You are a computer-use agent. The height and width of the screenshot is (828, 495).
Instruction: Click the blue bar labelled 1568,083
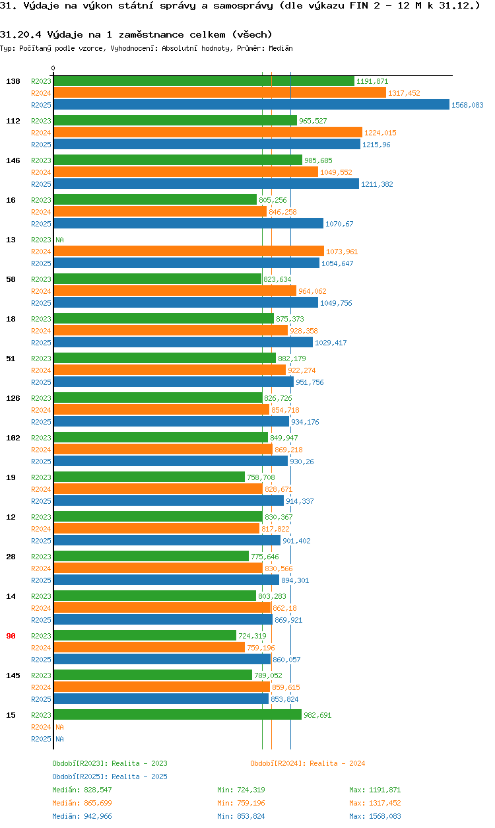click(251, 105)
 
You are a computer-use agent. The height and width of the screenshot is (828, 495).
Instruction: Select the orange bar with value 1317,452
click(219, 93)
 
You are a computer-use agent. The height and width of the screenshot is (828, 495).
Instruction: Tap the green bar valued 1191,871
click(203, 81)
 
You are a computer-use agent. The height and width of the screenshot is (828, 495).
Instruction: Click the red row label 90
click(11, 636)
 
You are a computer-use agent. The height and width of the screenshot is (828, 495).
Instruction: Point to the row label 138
click(13, 81)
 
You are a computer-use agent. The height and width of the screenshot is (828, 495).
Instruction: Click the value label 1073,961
click(342, 252)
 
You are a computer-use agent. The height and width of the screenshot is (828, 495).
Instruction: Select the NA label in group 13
click(59, 240)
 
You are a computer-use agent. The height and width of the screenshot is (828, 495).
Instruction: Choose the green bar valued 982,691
click(177, 715)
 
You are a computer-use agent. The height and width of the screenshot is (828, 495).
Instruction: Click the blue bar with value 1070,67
click(188, 224)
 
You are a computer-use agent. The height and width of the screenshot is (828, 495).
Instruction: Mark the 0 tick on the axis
click(53, 68)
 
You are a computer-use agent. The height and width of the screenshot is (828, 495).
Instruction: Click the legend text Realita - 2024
click(308, 763)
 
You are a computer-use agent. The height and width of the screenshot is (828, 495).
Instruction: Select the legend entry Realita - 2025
click(110, 776)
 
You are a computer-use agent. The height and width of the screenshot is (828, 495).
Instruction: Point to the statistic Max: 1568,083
click(375, 816)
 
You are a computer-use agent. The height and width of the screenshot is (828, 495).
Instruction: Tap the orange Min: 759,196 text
click(241, 803)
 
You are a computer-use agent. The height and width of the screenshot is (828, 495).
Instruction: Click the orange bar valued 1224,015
click(208, 133)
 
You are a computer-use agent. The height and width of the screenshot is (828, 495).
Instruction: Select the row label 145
click(13, 675)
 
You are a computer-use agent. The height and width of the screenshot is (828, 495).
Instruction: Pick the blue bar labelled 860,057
click(162, 660)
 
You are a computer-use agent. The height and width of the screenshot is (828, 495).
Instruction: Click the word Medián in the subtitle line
click(281, 48)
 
